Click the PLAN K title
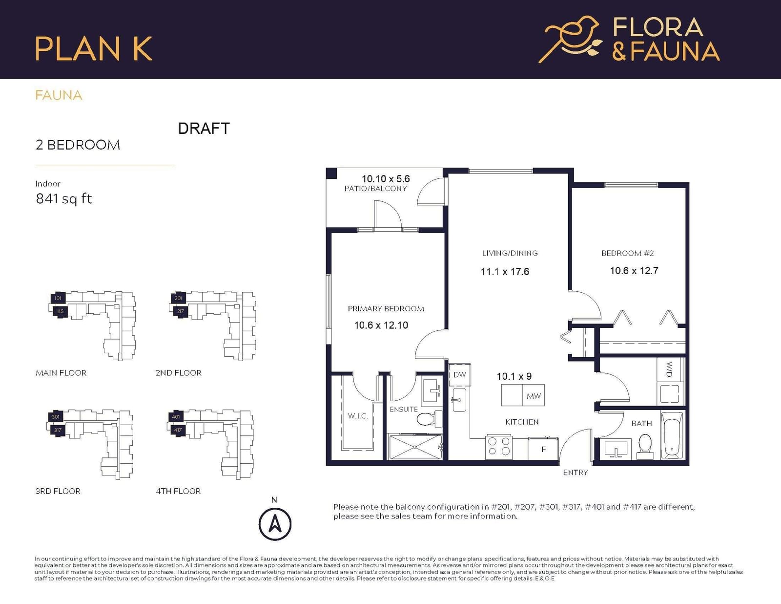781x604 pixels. [x=94, y=48]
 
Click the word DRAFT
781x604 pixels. [x=204, y=129]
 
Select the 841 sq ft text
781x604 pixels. [x=64, y=198]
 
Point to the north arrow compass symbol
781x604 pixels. [x=275, y=524]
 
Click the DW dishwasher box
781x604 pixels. [x=460, y=374]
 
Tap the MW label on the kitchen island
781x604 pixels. [x=534, y=396]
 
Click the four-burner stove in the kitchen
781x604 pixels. [x=499, y=447]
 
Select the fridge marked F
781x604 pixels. [x=543, y=449]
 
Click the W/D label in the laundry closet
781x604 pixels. [x=669, y=369]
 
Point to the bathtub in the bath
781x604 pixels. [x=672, y=435]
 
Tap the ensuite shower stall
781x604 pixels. [x=415, y=447]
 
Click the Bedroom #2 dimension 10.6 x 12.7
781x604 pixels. [x=634, y=271]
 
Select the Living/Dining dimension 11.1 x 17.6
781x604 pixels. [x=505, y=272]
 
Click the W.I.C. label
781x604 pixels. [x=358, y=416]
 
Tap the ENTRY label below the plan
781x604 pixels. [x=575, y=473]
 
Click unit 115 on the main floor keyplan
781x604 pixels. [x=60, y=312]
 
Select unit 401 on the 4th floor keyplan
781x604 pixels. [x=176, y=417]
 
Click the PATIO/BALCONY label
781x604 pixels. [x=375, y=189]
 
